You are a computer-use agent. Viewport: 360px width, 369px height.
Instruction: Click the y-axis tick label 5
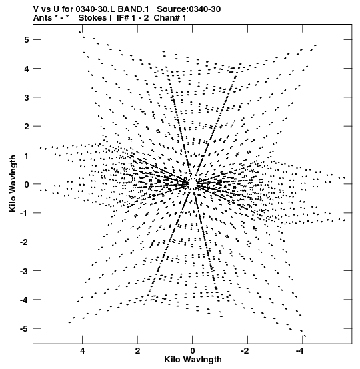point(26,40)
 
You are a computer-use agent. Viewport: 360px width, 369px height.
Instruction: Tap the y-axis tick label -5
point(24,328)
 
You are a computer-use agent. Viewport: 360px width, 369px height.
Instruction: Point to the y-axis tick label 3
point(26,97)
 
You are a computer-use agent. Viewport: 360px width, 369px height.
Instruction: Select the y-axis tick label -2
point(24,242)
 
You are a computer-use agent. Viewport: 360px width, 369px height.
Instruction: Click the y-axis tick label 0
point(26,184)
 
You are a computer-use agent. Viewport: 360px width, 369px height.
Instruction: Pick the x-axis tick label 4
point(82,351)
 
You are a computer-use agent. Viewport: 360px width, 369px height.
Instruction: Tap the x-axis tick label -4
point(300,351)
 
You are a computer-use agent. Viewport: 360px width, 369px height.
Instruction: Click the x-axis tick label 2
point(137,351)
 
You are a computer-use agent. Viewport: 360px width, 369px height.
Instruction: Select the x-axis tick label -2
point(245,351)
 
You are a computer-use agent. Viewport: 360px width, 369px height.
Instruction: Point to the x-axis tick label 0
point(193,351)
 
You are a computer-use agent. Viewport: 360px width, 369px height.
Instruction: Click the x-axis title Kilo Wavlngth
point(193,360)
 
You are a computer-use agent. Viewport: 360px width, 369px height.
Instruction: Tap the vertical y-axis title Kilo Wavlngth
point(13,183)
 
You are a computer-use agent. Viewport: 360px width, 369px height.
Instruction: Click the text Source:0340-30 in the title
point(189,9)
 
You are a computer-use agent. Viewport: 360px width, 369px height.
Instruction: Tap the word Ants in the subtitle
point(42,18)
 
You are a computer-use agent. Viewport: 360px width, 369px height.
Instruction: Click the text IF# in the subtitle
point(123,18)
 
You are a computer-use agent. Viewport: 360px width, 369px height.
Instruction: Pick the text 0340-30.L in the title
point(96,9)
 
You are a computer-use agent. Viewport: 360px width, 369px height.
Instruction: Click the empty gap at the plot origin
point(193,183)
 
